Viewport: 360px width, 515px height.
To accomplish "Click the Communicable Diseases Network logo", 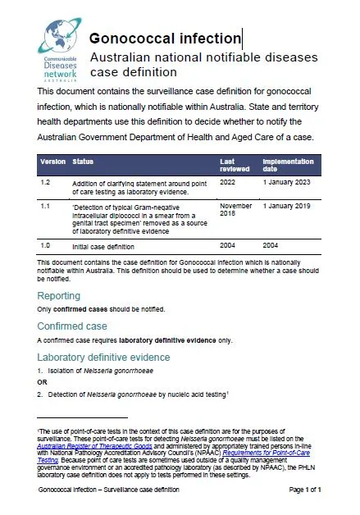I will coord(56,47).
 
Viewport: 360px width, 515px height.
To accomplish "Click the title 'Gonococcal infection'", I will coord(164,39).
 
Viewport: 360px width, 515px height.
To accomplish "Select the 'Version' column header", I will coord(53,162).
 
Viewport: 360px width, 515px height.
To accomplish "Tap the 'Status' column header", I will coord(84,162).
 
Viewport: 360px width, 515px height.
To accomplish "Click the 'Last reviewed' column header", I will coord(233,166).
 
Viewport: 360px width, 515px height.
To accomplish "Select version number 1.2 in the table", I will coord(46,182).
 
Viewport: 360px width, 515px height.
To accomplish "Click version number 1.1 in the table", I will coord(46,207).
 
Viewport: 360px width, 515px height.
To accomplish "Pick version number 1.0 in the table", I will coord(46,244).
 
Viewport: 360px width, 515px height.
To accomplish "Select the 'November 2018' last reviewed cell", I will coord(236,211).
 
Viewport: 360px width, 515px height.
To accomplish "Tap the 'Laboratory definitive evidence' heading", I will coord(103,357).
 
